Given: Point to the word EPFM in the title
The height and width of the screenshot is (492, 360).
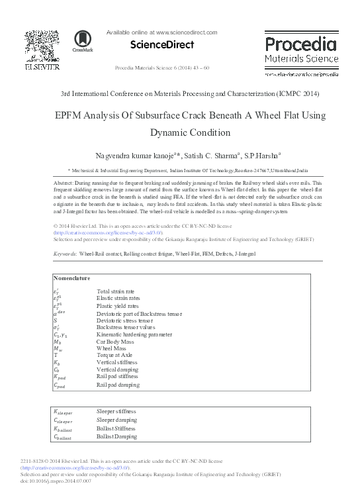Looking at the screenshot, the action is click(70, 115).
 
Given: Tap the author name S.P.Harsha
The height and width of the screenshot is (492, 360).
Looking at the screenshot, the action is click(260, 156).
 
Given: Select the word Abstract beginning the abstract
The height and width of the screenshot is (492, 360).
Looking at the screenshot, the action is click(63, 182).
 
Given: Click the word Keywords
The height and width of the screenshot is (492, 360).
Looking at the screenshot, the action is click(66, 254).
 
